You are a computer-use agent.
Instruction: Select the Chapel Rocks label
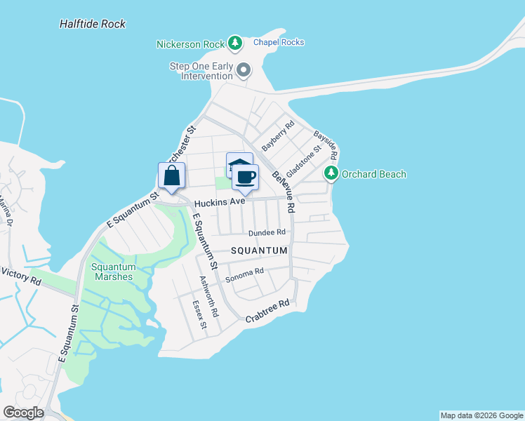[x=279, y=42]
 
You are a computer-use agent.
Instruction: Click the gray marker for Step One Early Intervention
[x=244, y=69]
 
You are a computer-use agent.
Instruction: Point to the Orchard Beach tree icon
[x=331, y=173]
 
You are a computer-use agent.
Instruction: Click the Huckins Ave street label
[x=220, y=201]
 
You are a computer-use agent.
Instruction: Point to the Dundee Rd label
[x=267, y=232]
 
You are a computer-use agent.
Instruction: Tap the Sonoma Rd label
[x=244, y=275]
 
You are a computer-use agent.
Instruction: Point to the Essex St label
[x=200, y=315]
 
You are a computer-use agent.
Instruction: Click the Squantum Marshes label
[x=112, y=272]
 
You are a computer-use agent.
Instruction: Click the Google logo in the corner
[x=23, y=413]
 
